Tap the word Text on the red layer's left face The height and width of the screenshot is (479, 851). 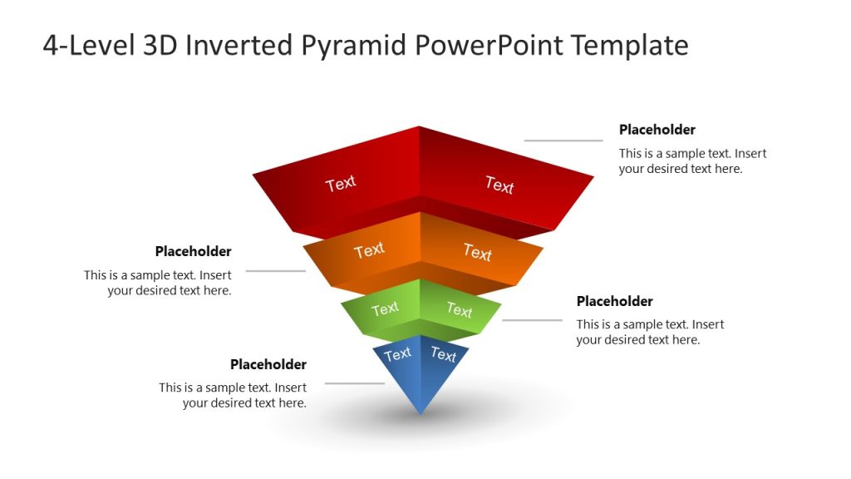pos(341,184)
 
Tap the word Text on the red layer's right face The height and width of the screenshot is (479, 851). pos(499,185)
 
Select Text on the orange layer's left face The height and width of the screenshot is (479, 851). pos(369,249)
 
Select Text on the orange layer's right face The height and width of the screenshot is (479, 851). pos(478,251)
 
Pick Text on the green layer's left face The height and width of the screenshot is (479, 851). pos(385,309)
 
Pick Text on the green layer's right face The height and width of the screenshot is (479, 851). pos(459,310)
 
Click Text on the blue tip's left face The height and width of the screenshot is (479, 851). pos(397,354)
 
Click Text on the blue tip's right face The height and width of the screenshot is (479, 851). pos(443,355)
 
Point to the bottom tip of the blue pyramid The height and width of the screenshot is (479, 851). pos(421,412)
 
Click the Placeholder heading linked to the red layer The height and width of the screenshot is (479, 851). pos(657,130)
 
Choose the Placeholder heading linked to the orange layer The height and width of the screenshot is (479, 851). pos(193,251)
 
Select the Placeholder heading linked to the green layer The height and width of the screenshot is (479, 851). pos(614,301)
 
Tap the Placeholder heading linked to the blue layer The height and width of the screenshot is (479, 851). pos(268,364)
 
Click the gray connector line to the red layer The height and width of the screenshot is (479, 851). pos(563,141)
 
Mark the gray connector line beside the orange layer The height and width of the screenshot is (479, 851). pos(275,271)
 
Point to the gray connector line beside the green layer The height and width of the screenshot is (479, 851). pos(533,320)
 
